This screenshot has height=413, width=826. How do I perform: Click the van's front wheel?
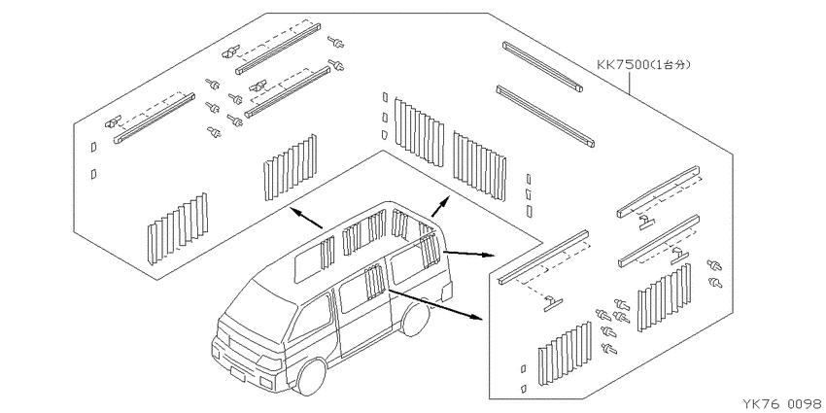click(x=311, y=377)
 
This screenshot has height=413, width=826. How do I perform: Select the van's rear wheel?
click(x=415, y=318)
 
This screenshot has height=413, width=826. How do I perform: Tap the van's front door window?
click(x=311, y=320)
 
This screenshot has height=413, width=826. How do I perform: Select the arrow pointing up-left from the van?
click(x=306, y=218)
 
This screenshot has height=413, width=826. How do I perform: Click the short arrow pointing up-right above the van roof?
click(x=440, y=206)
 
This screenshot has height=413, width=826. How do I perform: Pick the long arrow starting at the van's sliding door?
click(x=435, y=304)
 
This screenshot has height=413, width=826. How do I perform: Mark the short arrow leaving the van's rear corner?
click(x=468, y=254)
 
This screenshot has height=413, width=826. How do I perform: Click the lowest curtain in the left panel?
click(x=178, y=228)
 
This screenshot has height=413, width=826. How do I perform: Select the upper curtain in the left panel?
click(x=291, y=167)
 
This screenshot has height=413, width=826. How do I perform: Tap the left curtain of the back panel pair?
click(x=420, y=132)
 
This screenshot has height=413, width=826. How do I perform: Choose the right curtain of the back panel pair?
click(x=479, y=166)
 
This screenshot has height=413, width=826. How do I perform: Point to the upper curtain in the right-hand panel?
click(x=664, y=297)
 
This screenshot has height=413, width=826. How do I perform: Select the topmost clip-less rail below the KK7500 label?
click(x=542, y=66)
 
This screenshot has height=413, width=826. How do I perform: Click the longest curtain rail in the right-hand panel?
click(x=543, y=258)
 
